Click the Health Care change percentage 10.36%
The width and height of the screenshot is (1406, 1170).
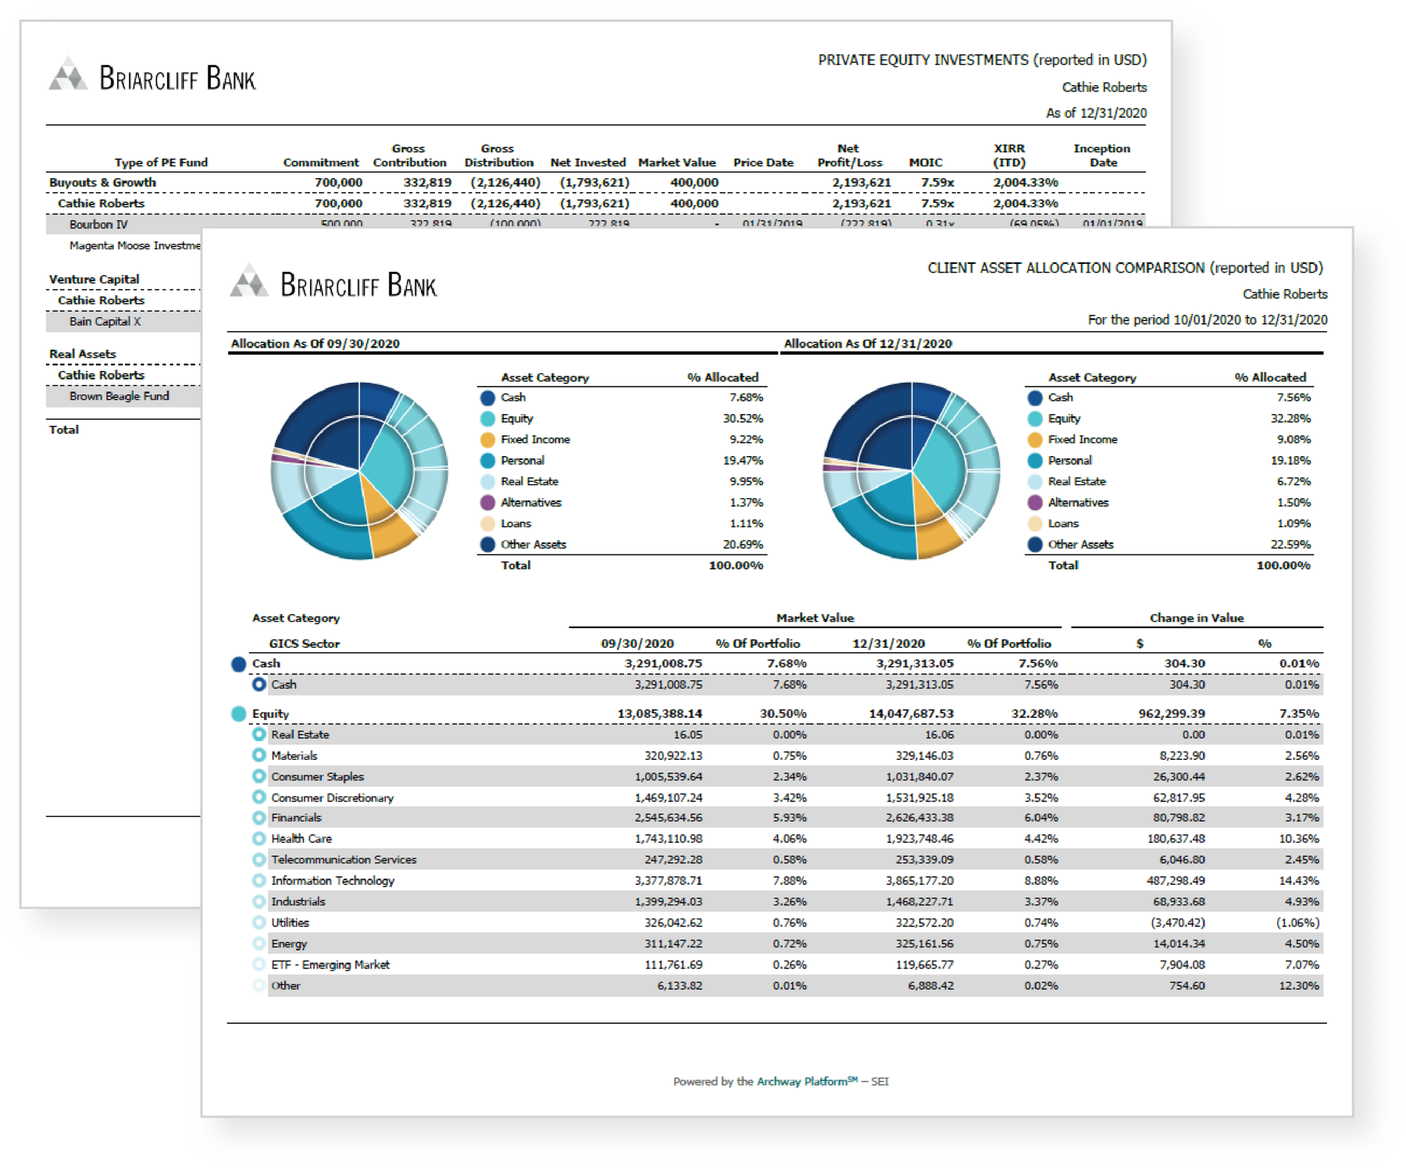(1298, 839)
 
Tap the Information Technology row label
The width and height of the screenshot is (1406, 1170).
(333, 881)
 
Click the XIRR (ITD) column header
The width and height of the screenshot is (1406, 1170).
(1008, 155)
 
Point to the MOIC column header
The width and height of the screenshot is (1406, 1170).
(926, 162)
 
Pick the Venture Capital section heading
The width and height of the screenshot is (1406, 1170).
(94, 280)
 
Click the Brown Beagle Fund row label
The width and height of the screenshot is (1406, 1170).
(119, 397)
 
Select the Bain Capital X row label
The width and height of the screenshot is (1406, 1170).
(105, 322)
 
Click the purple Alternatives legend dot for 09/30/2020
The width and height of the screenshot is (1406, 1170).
(487, 503)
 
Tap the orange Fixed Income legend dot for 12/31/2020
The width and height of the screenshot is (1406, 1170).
(1035, 440)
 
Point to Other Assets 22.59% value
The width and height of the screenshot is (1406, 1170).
(1290, 545)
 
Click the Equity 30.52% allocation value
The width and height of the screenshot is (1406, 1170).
(742, 419)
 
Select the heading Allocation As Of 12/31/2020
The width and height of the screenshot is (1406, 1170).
(867, 344)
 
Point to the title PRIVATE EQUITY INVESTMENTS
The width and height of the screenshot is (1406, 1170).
(923, 60)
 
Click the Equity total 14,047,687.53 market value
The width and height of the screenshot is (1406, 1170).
(911, 714)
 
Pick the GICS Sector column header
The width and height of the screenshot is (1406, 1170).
(304, 644)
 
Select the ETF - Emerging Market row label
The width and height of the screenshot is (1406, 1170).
(330, 965)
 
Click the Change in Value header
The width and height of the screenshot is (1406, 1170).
(1196, 618)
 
